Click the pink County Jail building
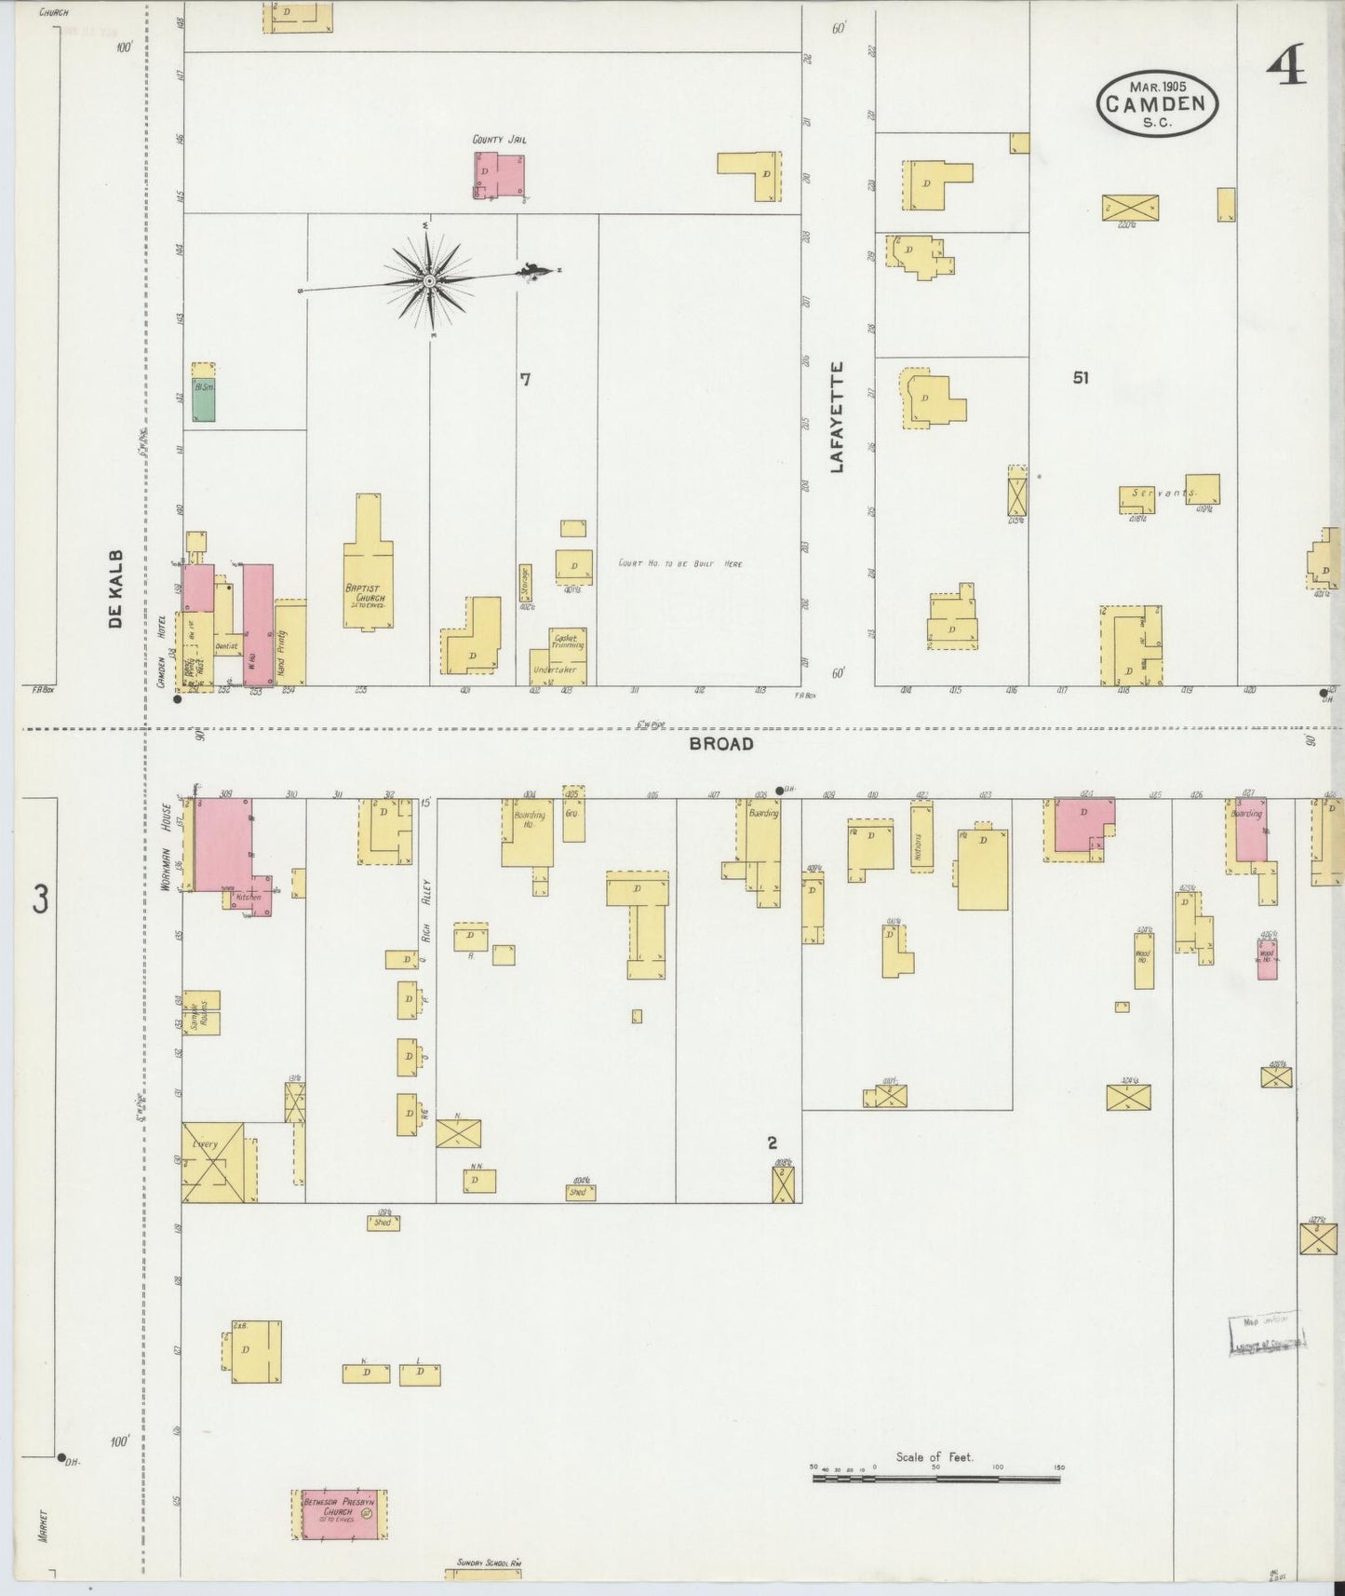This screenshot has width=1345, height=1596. (498, 175)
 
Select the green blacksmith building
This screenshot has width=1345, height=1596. (204, 399)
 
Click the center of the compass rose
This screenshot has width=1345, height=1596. (429, 280)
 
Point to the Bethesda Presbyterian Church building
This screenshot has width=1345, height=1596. (340, 1512)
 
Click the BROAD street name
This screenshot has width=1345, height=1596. (721, 743)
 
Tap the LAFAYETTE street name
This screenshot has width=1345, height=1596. (836, 417)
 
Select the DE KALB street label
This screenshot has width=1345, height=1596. (115, 588)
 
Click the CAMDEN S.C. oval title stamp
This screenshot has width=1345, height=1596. (1157, 103)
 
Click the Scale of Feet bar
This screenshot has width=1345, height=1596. (935, 1477)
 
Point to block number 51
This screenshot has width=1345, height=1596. (1080, 378)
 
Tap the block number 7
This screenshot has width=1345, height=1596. (525, 379)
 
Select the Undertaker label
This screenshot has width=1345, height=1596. (554, 670)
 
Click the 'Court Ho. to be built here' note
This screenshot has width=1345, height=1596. (680, 563)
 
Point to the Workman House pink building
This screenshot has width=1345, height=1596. (222, 844)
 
